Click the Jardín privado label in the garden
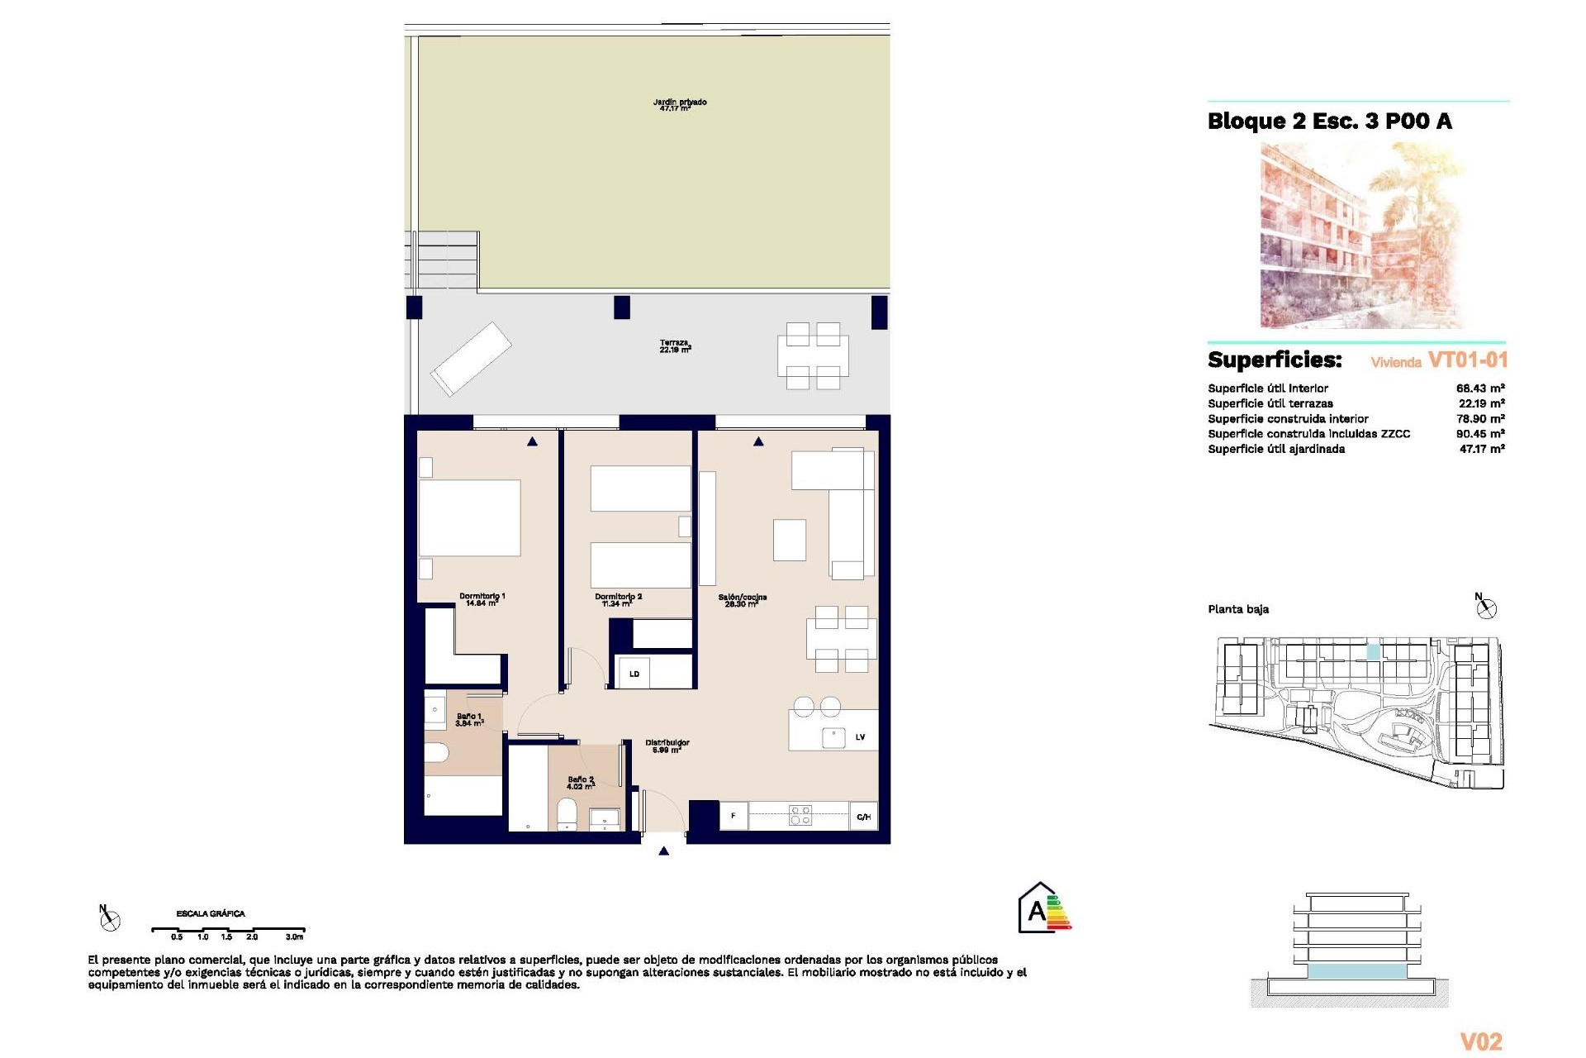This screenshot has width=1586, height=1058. [679, 105]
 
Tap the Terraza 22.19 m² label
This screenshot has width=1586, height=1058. [675, 346]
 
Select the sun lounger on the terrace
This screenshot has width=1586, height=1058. [470, 359]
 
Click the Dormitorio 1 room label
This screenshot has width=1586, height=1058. [482, 599]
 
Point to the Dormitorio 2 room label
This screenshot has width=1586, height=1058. [618, 599]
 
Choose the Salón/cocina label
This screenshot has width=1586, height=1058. [742, 600]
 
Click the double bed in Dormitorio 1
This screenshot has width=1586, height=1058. [469, 517]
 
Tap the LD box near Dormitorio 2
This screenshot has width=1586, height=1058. [634, 674]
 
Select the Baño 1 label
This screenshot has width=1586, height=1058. [468, 719]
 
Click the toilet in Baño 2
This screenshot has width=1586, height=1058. [567, 814]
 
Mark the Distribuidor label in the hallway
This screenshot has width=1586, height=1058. [667, 746]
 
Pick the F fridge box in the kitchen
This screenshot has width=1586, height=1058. [733, 816]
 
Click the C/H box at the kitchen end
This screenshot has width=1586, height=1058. [863, 817]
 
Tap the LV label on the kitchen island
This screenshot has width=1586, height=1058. [860, 737]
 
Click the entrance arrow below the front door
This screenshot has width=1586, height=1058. [663, 851]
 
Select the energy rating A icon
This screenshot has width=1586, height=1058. [1043, 909]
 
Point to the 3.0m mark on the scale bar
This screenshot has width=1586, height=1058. [294, 936]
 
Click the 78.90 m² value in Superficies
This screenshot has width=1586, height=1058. [1479, 419]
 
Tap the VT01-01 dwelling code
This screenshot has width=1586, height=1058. [1467, 360]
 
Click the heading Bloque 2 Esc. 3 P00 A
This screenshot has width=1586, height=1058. [1329, 122]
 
